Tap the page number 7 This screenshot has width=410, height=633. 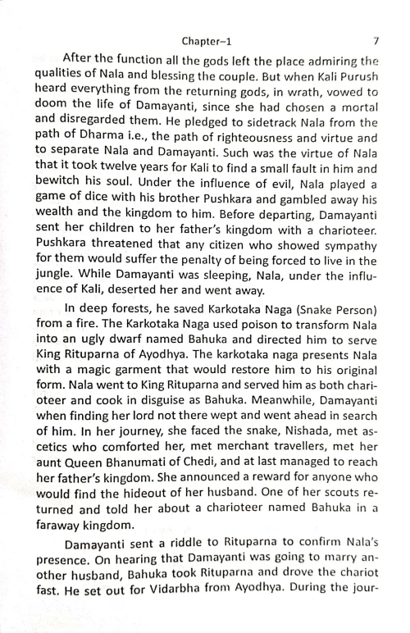click(x=374, y=39)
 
